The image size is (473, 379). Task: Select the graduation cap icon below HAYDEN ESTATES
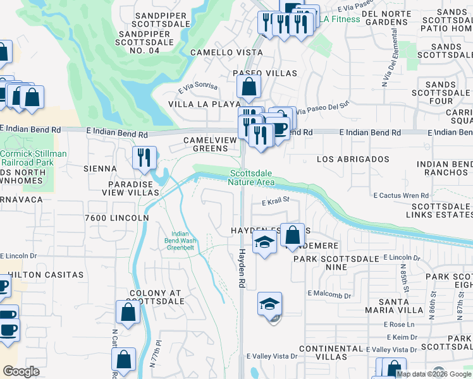(x=264, y=243)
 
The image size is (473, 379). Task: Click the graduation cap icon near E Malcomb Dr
(x=269, y=304)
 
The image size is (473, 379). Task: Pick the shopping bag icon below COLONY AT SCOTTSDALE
(x=128, y=313)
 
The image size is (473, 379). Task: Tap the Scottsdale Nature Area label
(x=252, y=177)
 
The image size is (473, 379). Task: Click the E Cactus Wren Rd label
(x=401, y=195)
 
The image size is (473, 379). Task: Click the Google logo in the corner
(x=21, y=371)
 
